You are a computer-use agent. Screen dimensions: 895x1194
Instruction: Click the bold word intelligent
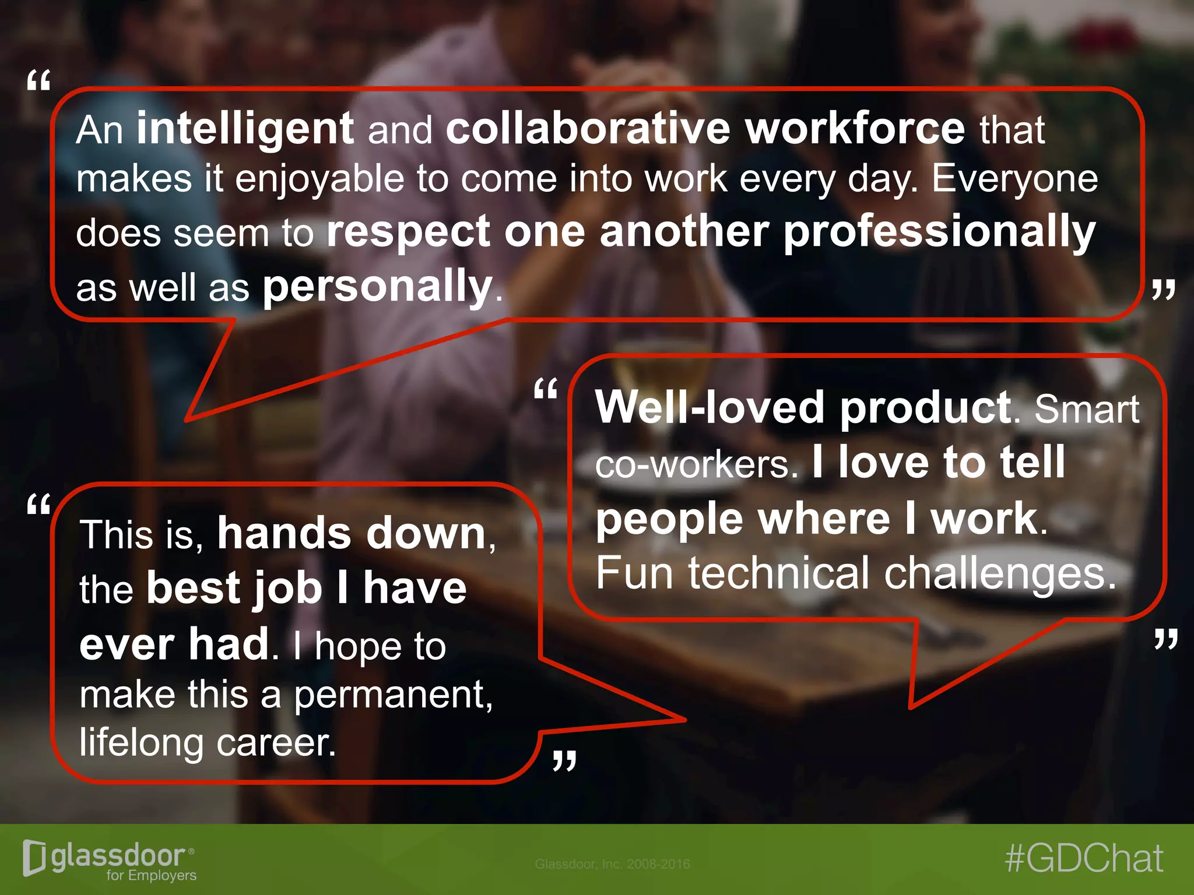(x=245, y=129)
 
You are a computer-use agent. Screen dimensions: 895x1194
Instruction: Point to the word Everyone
(x=1014, y=179)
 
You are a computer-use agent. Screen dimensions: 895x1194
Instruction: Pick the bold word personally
(x=378, y=287)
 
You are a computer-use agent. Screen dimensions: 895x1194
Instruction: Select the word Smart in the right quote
(x=1087, y=409)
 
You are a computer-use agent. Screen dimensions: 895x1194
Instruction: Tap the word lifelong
(x=141, y=744)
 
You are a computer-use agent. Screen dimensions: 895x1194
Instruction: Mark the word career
(x=275, y=744)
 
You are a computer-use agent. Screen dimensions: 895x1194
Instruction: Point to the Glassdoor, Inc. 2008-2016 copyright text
(x=612, y=864)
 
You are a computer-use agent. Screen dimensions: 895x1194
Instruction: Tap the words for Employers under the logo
(x=152, y=875)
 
